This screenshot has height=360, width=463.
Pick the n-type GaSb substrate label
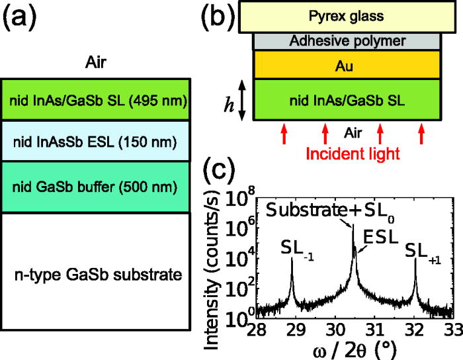[x=98, y=273]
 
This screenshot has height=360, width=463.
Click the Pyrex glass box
[x=347, y=15]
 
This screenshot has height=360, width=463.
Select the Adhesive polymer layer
[x=347, y=41]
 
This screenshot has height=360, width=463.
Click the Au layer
[x=347, y=66]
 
